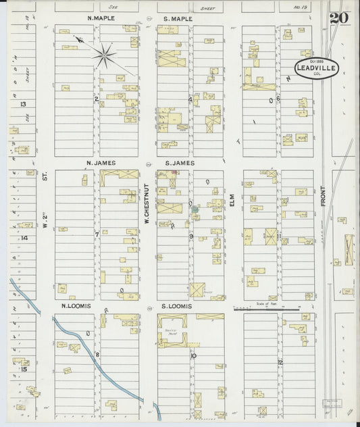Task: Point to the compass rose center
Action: coord(105,55)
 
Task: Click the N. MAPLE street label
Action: coord(102,18)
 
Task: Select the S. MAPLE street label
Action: coord(178,18)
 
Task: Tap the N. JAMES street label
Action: coord(101,163)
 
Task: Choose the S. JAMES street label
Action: coord(179,163)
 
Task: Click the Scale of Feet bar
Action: coord(266,309)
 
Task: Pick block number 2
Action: coord(97,99)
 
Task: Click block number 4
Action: coord(191,99)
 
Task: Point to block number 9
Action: coord(191,236)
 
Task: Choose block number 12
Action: coord(279,362)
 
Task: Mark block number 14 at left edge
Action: coord(24,238)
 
